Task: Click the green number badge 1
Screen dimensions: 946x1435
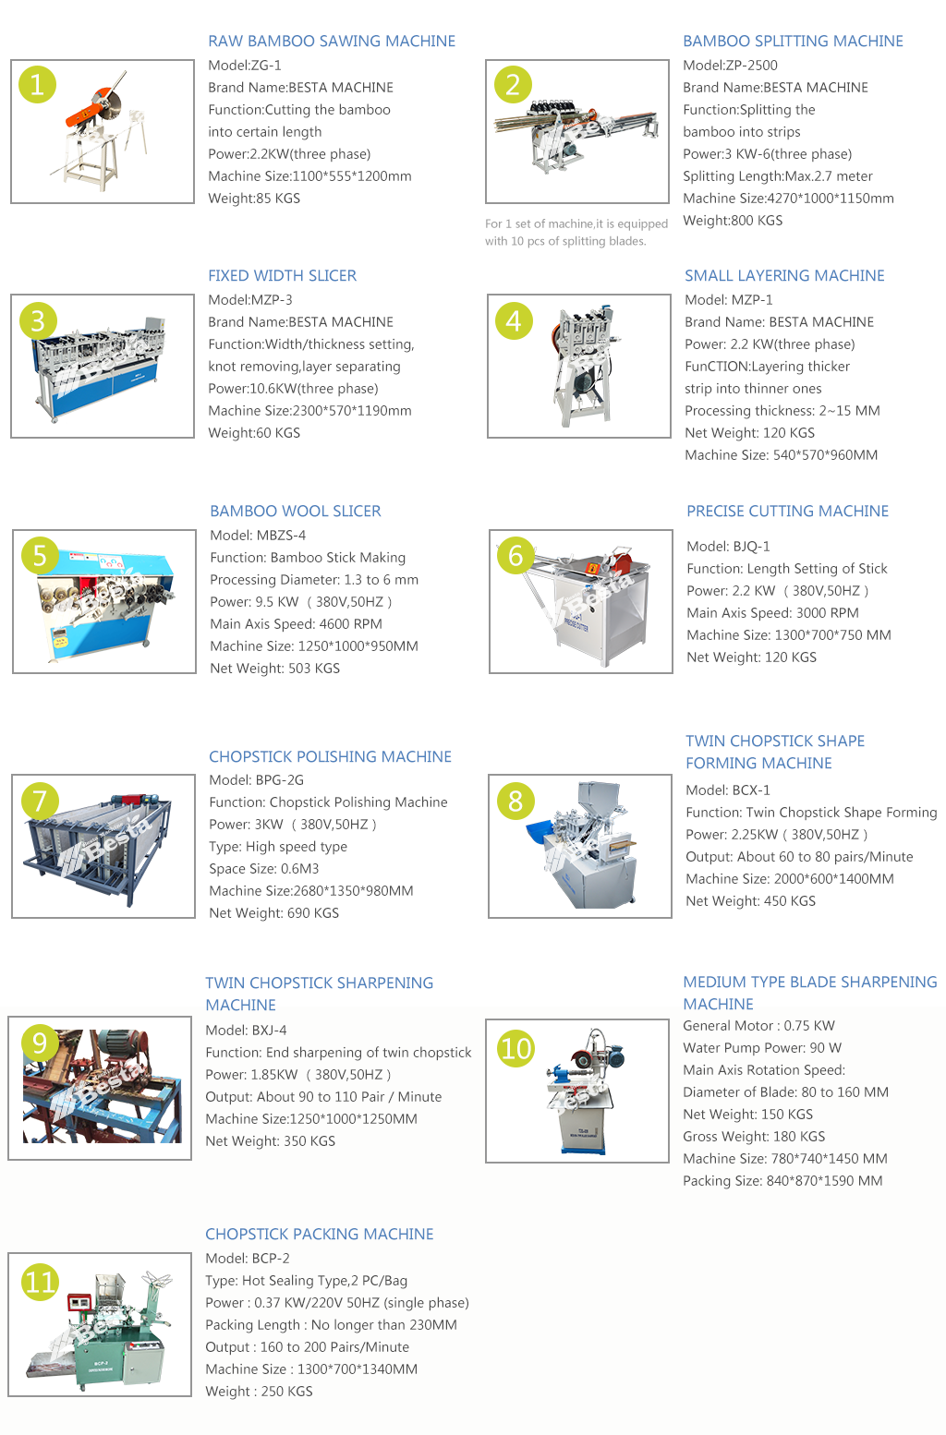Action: pyautogui.click(x=37, y=85)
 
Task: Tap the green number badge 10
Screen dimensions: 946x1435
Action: pyautogui.click(x=515, y=1048)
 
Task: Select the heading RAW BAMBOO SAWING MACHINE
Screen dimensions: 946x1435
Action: pyautogui.click(x=332, y=41)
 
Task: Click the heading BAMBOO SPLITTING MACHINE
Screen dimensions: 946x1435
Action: pyautogui.click(x=793, y=41)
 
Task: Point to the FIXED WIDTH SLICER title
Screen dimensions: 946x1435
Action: pyautogui.click(x=282, y=275)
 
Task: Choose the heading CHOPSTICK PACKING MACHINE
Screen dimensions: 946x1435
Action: pyautogui.click(x=319, y=1234)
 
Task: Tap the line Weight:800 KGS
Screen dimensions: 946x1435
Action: pyautogui.click(x=733, y=221)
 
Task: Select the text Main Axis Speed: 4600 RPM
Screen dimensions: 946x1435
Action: pyautogui.click(x=297, y=624)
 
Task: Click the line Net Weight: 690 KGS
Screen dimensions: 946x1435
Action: pyautogui.click(x=273, y=913)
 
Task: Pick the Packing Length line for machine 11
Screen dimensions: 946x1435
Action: pyautogui.click(x=331, y=1325)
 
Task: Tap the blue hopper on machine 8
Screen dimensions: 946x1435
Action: pyautogui.click(x=542, y=834)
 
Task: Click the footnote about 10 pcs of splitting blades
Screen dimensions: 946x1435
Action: pyautogui.click(x=576, y=232)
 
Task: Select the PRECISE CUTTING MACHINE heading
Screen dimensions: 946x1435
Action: pyautogui.click(x=788, y=512)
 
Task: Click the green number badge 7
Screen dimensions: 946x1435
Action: pyautogui.click(x=40, y=801)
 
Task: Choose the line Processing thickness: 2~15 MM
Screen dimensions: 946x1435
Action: pyautogui.click(x=782, y=411)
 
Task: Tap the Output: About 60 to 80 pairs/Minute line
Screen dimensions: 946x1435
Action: pyautogui.click(x=799, y=857)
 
